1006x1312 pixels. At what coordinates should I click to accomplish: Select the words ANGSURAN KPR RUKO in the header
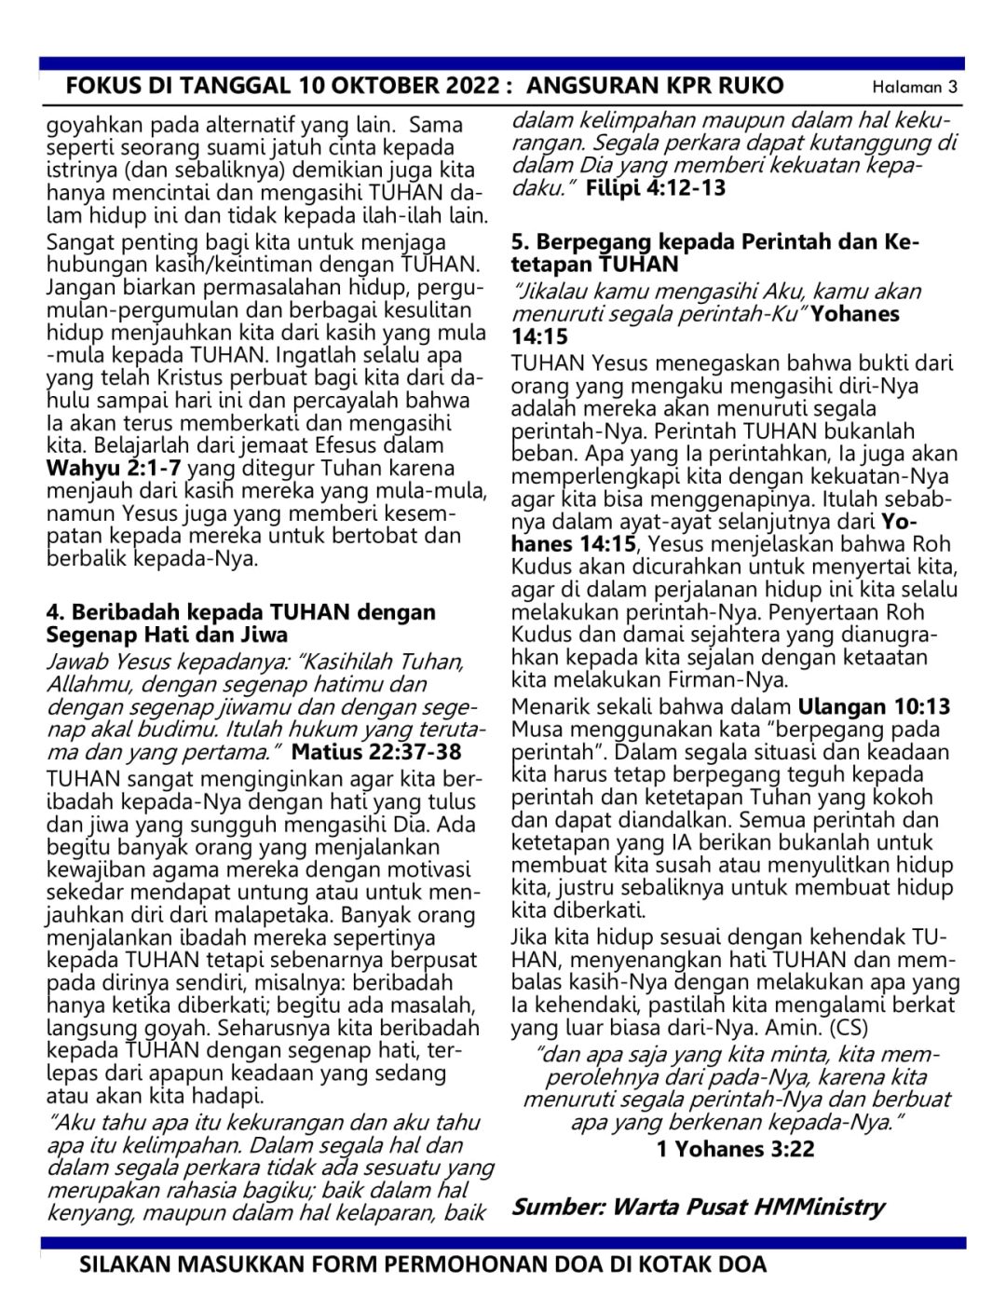[655, 87]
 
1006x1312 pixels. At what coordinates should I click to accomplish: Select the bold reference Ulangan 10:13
[874, 707]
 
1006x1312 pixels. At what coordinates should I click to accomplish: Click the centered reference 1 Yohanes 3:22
[735, 1148]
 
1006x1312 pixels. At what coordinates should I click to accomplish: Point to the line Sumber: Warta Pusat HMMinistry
[698, 1207]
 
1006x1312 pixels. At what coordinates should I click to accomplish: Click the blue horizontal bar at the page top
[503, 64]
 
